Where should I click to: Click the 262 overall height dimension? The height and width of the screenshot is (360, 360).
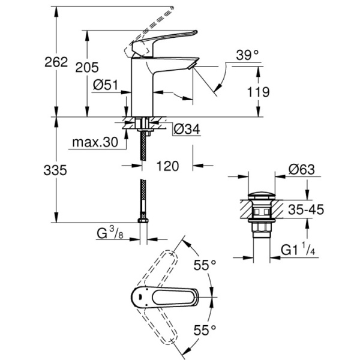tap(55, 62)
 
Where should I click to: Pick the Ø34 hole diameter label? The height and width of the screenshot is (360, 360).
tap(185, 128)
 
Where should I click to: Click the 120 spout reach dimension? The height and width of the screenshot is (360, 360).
tap(168, 166)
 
